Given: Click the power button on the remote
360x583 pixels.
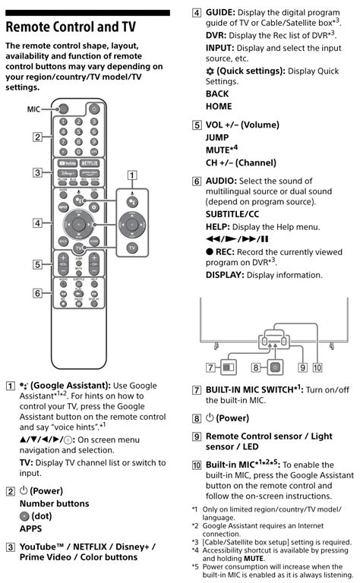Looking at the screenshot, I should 94,109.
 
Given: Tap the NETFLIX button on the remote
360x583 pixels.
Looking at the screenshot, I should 90,162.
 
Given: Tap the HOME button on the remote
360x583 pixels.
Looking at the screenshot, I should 93,241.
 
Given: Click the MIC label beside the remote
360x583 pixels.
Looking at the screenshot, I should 33,109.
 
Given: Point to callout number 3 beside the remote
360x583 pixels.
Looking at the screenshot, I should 36,173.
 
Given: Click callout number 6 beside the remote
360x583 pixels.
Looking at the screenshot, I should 36,292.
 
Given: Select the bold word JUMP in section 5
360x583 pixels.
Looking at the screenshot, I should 217,138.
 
